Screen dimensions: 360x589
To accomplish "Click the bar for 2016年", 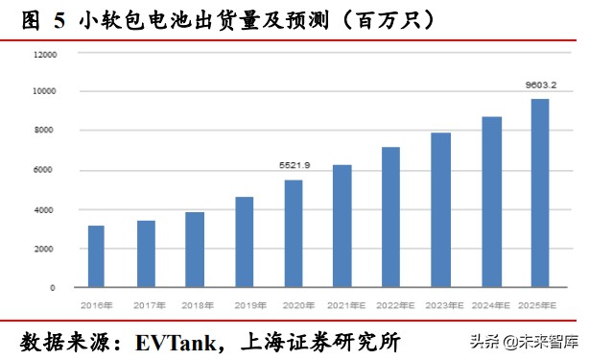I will pyautogui.click(x=96, y=256).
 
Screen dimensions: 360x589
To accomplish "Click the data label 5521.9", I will pyautogui.click(x=293, y=166).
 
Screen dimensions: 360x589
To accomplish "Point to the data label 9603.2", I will pyautogui.click(x=540, y=84).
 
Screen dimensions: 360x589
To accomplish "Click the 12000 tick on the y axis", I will pyautogui.click(x=45, y=55).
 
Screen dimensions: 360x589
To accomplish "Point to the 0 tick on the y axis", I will pyautogui.click(x=54, y=288).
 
